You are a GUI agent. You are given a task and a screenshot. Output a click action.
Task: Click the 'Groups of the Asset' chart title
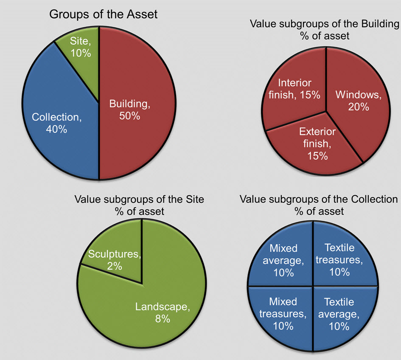pos(104,14)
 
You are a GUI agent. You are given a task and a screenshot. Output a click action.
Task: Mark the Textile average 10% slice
pos(339,314)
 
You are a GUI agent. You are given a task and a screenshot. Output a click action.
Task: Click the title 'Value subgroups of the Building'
pos(325,24)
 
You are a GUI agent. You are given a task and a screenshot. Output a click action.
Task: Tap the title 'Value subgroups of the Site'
pos(139,199)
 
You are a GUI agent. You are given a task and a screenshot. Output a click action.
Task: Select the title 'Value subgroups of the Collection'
pos(319,199)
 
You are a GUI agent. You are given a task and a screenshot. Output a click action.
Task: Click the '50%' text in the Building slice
pos(129,115)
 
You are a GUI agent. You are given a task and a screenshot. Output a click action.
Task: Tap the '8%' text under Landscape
pos(163,318)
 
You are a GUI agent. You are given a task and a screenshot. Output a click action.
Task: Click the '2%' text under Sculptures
pos(115,266)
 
